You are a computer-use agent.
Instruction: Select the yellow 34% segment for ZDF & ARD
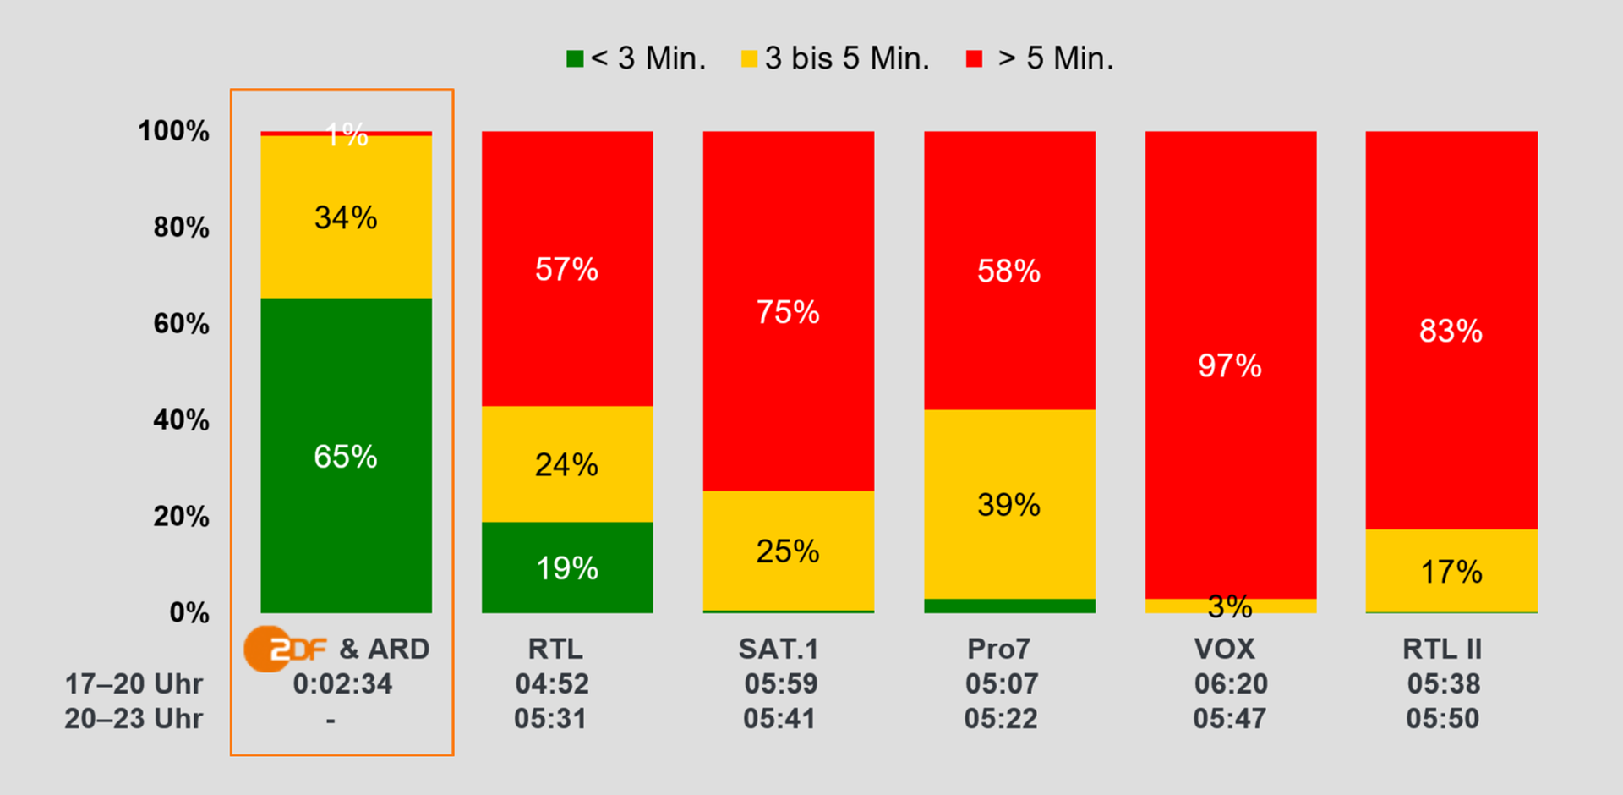pyautogui.click(x=346, y=217)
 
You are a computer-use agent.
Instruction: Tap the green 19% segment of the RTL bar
pyautogui.click(x=567, y=567)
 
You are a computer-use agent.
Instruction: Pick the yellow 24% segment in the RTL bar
pyautogui.click(x=567, y=463)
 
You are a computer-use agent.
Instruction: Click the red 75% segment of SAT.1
pyautogui.click(x=788, y=311)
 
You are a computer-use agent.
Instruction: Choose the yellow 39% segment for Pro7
pyautogui.click(x=1009, y=504)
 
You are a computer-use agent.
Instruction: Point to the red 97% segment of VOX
pyautogui.click(x=1230, y=365)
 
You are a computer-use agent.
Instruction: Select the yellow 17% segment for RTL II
pyautogui.click(x=1451, y=571)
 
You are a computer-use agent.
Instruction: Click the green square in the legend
pyautogui.click(x=575, y=58)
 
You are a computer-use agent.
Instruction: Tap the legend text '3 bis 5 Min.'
pyautogui.click(x=847, y=58)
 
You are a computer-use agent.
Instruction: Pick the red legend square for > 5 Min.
pyautogui.click(x=975, y=58)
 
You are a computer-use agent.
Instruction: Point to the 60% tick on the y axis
pyautogui.click(x=181, y=323)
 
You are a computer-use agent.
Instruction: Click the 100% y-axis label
pyautogui.click(x=173, y=130)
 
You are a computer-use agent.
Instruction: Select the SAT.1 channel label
pyautogui.click(x=779, y=649)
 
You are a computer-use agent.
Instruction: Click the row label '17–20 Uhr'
pyautogui.click(x=134, y=683)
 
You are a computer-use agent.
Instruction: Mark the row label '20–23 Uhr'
pyautogui.click(x=134, y=718)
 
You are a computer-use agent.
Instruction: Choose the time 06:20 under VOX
pyautogui.click(x=1231, y=683)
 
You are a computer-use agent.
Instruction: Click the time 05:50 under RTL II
pyautogui.click(x=1442, y=718)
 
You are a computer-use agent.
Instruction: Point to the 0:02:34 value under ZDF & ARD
pyautogui.click(x=342, y=683)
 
